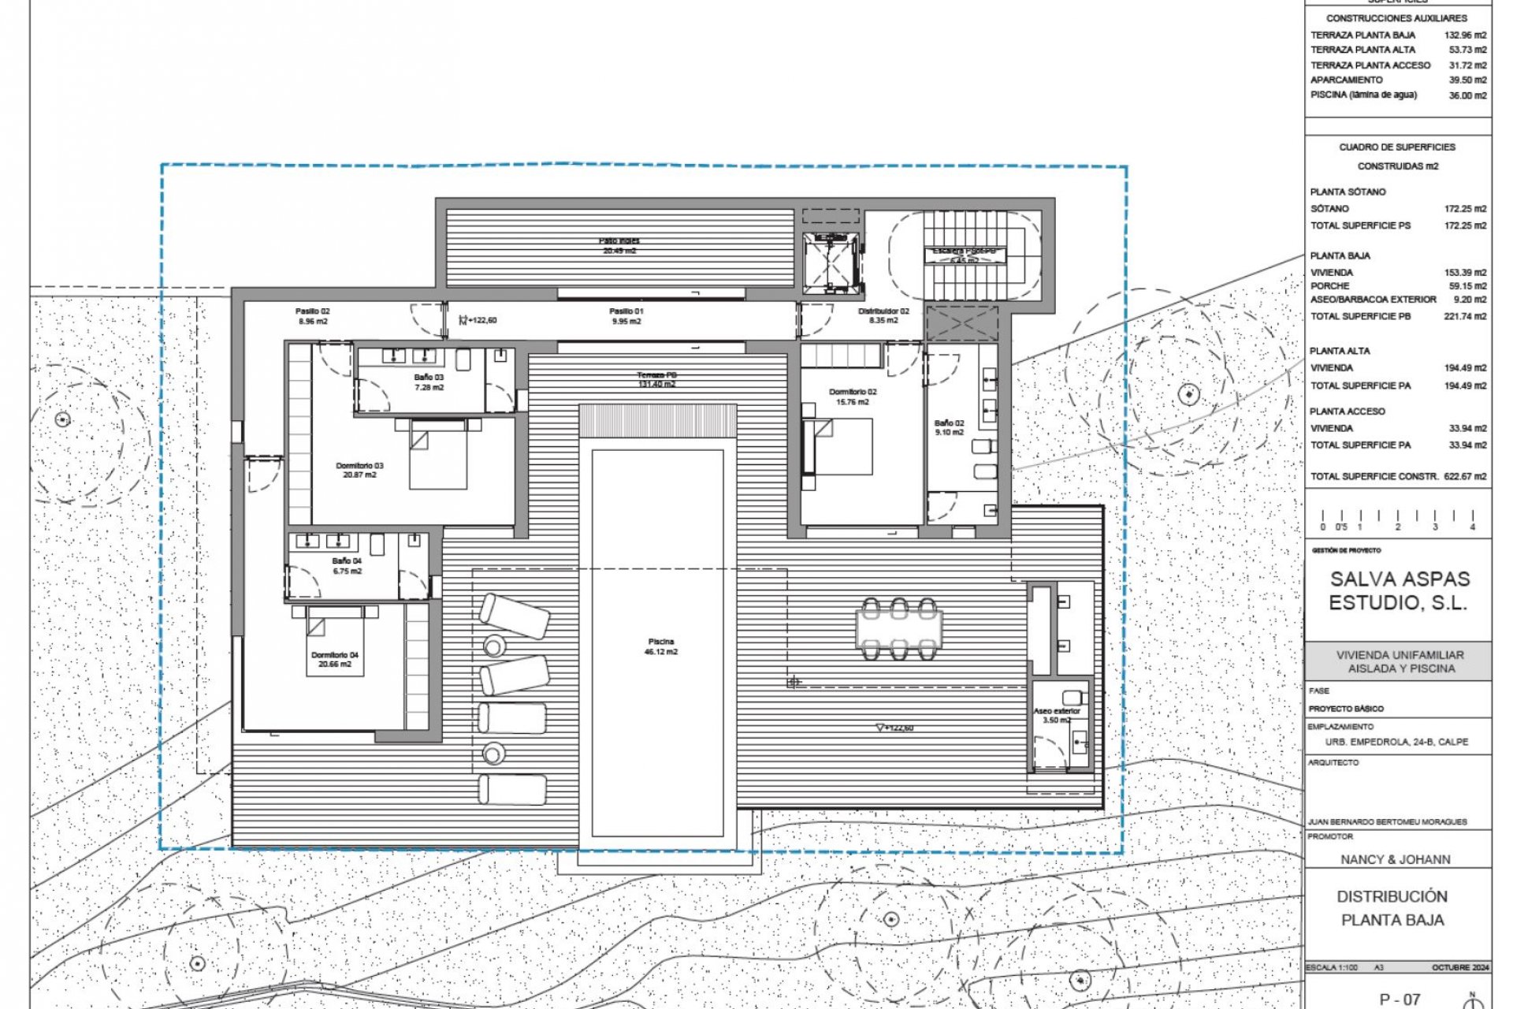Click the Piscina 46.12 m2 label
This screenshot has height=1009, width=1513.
pyautogui.click(x=660, y=646)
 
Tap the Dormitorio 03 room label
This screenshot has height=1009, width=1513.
pyautogui.click(x=359, y=470)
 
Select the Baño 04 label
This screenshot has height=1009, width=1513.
pyautogui.click(x=347, y=566)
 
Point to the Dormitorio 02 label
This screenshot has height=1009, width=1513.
pyautogui.click(x=853, y=397)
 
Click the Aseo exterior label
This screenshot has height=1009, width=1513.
pyautogui.click(x=1057, y=715)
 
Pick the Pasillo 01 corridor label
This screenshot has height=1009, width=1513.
pyautogui.click(x=626, y=316)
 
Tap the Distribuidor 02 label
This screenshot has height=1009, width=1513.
pyautogui.click(x=883, y=315)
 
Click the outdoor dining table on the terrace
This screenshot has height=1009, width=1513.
pyautogui.click(x=899, y=628)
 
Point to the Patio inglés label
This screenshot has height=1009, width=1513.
pyautogui.click(x=619, y=245)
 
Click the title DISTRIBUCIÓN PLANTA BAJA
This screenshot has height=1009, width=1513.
pyautogui.click(x=1392, y=908)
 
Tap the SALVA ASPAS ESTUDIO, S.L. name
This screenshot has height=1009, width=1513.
pyautogui.click(x=1400, y=590)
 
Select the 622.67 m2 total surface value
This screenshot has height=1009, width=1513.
pyautogui.click(x=1465, y=476)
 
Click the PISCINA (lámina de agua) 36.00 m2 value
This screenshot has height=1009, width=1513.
pyautogui.click(x=1467, y=95)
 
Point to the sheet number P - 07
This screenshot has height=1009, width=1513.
pyautogui.click(x=1400, y=999)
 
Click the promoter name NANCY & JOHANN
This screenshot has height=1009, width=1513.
pyautogui.click(x=1396, y=859)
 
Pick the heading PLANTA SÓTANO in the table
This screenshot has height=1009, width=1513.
pyautogui.click(x=1348, y=192)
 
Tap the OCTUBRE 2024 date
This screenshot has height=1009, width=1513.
pyautogui.click(x=1460, y=967)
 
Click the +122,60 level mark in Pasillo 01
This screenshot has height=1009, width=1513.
pyautogui.click(x=481, y=320)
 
